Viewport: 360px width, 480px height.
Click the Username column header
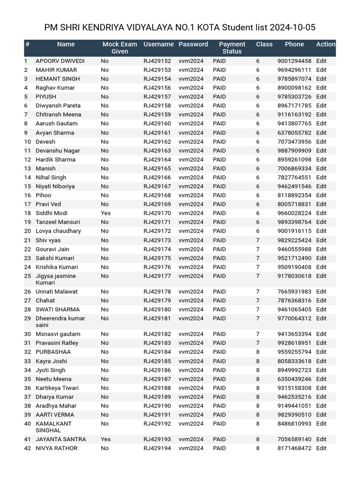158,44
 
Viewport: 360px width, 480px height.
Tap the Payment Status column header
232,47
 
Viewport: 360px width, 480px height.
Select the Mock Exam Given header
120,47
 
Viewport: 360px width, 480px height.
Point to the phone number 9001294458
294,61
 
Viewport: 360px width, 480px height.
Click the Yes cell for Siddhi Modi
105,213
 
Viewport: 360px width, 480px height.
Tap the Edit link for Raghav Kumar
321,88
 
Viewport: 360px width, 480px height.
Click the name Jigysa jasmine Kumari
55,279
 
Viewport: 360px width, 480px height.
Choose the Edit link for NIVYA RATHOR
321,448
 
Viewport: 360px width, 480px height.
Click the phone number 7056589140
294,439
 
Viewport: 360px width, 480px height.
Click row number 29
27,318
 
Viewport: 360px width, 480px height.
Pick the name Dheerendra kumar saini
60,322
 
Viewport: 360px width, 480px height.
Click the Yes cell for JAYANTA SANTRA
105,439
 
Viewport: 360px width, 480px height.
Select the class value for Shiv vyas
257,240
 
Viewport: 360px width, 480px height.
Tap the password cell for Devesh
191,142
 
